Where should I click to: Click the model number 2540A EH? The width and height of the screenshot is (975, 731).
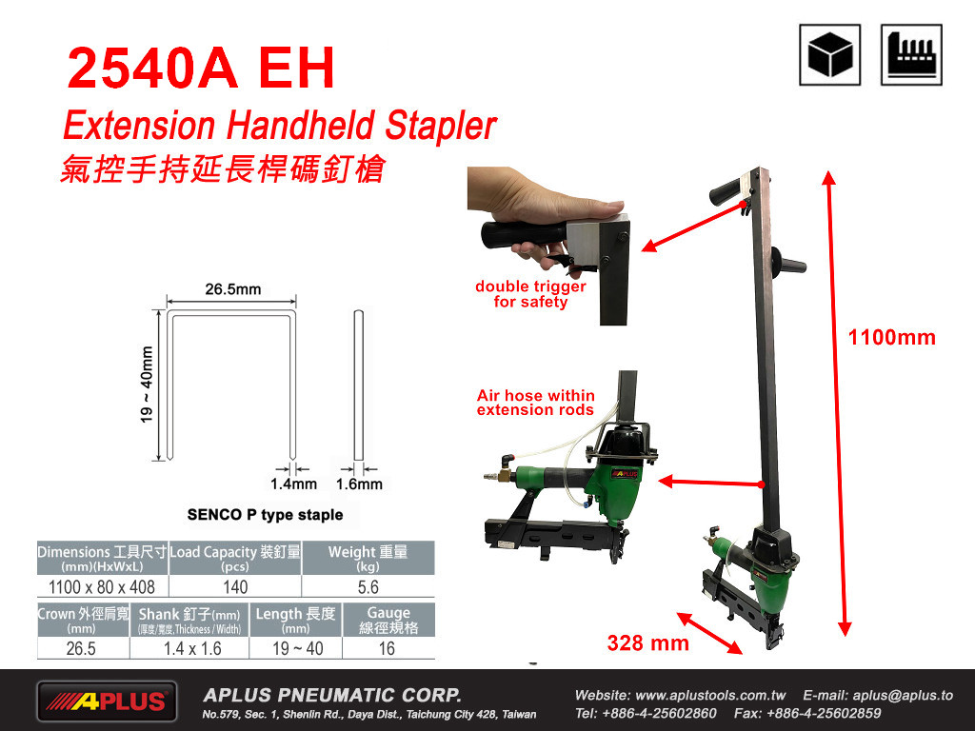click(x=201, y=68)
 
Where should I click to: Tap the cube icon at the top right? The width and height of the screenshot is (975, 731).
click(x=829, y=54)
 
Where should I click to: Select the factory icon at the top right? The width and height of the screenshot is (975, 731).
click(x=911, y=54)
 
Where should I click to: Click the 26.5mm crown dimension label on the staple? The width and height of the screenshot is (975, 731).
click(x=233, y=289)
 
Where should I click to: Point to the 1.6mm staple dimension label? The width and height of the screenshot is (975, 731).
click(x=359, y=484)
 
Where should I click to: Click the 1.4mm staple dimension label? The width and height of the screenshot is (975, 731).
click(x=293, y=484)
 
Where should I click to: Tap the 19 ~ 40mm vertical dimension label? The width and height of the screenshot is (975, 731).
click(x=147, y=385)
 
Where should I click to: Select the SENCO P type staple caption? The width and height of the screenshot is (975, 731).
click(x=265, y=515)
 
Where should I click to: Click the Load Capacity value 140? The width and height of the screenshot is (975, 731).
click(x=235, y=586)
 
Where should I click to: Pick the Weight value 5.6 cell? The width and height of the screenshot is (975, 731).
click(x=368, y=586)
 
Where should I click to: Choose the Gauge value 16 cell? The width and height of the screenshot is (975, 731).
click(x=388, y=648)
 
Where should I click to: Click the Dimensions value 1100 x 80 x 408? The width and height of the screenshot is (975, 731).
click(x=102, y=586)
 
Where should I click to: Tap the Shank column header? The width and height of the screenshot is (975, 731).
click(x=189, y=620)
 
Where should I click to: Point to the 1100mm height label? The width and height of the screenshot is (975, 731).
click(x=891, y=338)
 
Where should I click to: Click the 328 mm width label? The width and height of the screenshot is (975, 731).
click(x=647, y=642)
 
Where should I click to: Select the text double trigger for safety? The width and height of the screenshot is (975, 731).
click(x=530, y=294)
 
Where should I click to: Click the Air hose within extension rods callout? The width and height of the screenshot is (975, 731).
click(x=535, y=403)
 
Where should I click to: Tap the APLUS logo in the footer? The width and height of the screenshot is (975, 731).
click(x=107, y=701)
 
